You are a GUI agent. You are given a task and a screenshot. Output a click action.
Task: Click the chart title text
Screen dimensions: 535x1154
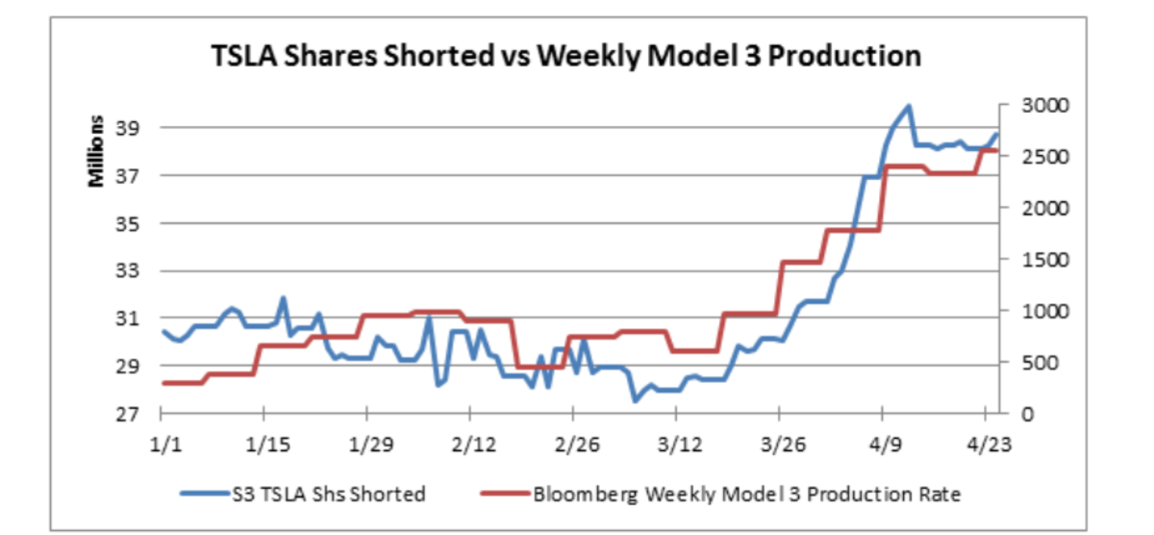[x=565, y=56]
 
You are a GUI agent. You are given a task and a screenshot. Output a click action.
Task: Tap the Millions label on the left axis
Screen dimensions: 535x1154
[x=97, y=151]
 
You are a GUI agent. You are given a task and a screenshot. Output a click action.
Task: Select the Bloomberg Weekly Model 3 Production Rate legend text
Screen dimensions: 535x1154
[x=746, y=495]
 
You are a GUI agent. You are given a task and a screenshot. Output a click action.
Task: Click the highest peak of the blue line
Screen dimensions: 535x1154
[x=909, y=106]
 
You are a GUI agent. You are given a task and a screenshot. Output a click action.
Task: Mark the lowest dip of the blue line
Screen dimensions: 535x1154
[x=635, y=400]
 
